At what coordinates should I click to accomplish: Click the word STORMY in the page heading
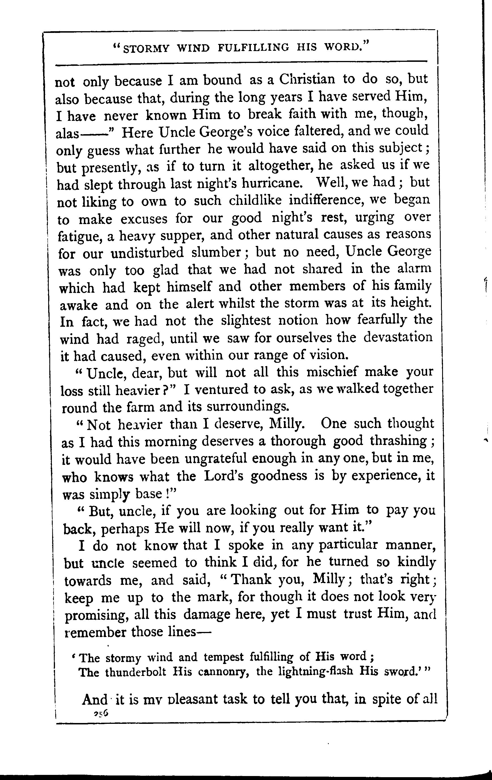coord(146,48)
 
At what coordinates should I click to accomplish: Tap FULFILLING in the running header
coord(253,48)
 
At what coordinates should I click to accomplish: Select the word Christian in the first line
coord(307,80)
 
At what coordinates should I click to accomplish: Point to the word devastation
coord(398,337)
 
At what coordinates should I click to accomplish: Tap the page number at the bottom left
coord(101,713)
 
